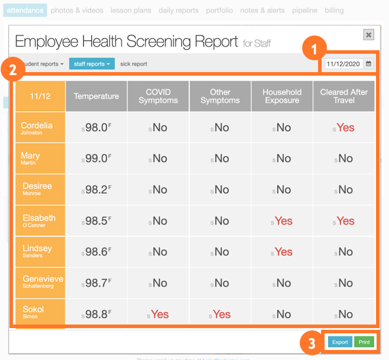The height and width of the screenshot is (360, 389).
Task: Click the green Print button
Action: [364, 342]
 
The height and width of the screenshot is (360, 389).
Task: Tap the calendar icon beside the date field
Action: [369, 63]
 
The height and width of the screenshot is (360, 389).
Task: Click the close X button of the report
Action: [369, 35]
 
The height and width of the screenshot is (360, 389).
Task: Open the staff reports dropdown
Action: [92, 64]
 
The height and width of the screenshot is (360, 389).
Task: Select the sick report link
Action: [134, 64]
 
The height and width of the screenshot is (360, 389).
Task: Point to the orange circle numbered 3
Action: [311, 342]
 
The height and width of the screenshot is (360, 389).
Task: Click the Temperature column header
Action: [96, 96]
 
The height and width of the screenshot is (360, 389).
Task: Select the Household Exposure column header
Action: [282, 96]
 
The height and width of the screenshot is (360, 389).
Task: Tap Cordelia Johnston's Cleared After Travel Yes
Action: [345, 128]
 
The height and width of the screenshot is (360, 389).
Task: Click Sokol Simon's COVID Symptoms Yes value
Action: [159, 314]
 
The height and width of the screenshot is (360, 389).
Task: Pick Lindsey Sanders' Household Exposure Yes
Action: [283, 252]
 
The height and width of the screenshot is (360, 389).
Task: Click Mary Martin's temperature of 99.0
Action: [96, 158]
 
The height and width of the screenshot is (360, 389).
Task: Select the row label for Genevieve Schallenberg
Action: [41, 282]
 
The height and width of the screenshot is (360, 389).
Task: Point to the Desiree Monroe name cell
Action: [37, 189]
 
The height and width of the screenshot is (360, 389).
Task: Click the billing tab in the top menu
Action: [334, 11]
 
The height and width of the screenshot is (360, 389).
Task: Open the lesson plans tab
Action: [131, 11]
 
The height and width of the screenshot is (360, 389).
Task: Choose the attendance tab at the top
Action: [25, 11]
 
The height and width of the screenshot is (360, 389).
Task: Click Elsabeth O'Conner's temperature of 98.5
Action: [96, 221]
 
